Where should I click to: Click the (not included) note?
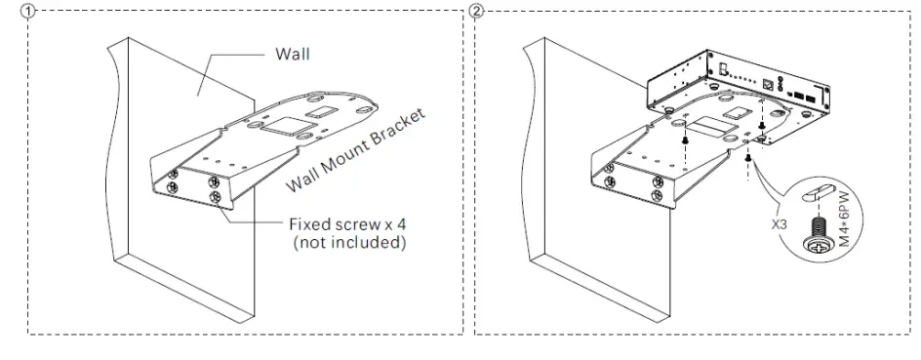click(349, 242)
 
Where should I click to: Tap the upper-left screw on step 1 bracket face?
click(173, 176)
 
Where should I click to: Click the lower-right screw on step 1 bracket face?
click(216, 198)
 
